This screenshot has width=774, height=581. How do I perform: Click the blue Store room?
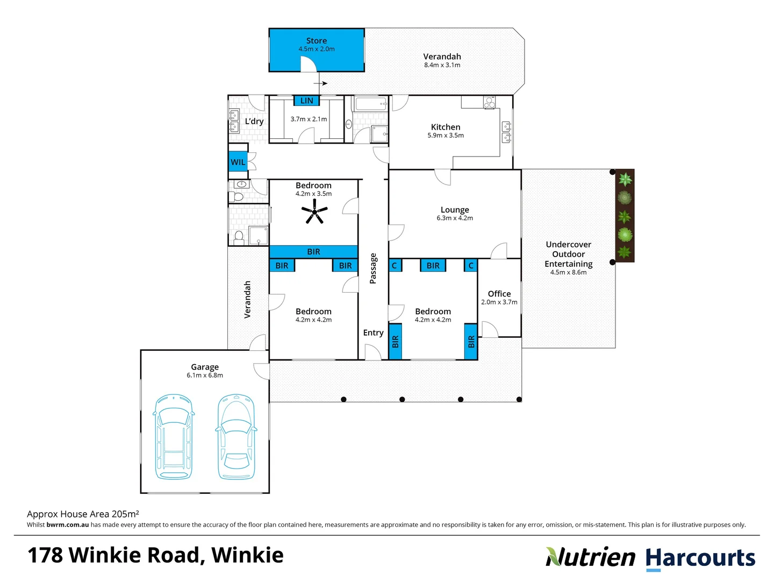pos(317,50)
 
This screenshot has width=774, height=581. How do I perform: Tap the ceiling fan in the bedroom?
pos(314,212)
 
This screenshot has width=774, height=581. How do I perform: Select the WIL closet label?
pos(238,162)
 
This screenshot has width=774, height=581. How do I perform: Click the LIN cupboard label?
pos(306,101)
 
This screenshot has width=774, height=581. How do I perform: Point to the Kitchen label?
pos(446,127)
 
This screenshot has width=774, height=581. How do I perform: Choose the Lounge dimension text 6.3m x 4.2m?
pos(455,218)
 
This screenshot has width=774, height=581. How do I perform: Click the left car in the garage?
pos(173,436)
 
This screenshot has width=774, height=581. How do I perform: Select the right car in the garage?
pos(235,436)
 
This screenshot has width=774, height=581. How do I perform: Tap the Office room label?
pos(499,294)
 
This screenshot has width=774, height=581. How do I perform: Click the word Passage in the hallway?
pos(373,268)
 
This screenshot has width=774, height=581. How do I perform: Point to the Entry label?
pos(373,332)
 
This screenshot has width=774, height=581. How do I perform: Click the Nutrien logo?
pos(590,557)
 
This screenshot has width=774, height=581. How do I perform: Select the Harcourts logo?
pos(700,558)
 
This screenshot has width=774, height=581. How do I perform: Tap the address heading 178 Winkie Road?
pos(155,555)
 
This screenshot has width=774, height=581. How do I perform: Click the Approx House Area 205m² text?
pos(83,514)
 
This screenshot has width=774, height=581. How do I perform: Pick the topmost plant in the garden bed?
pos(625,179)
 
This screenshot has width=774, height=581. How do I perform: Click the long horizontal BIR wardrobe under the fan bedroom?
pos(313,252)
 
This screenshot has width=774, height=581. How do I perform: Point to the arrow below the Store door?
pos(320,83)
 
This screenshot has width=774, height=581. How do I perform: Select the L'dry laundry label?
pos(254,122)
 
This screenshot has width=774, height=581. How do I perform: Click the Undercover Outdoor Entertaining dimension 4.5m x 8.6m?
pos(568,272)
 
